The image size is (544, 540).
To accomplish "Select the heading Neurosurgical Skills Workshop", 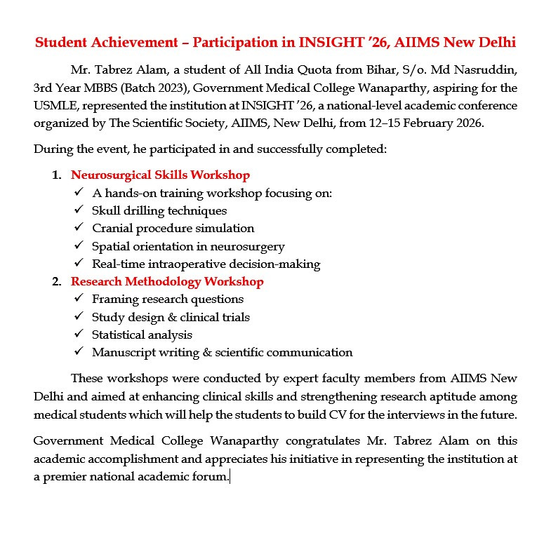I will coord(160,175).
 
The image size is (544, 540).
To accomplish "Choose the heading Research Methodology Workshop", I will coord(167,282).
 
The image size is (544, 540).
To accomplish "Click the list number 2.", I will coord(55,282).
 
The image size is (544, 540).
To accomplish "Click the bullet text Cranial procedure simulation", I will coord(173,229).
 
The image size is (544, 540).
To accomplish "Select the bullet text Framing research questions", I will coord(168,299).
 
